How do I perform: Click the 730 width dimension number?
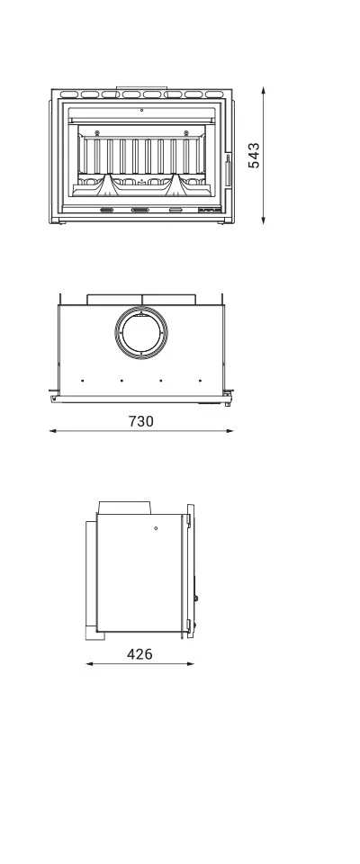coord(141,420)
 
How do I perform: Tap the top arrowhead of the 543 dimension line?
coord(264,90)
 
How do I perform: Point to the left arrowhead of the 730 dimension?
coord(52,431)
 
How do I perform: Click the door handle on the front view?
coord(228,168)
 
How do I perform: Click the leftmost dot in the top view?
coord(82,380)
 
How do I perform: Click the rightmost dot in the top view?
coord(200,380)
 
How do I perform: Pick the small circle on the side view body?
coord(156,527)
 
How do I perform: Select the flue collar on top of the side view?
coord(125,508)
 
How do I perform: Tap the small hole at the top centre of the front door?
coord(141,110)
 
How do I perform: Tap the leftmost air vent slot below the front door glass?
coord(106,210)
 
